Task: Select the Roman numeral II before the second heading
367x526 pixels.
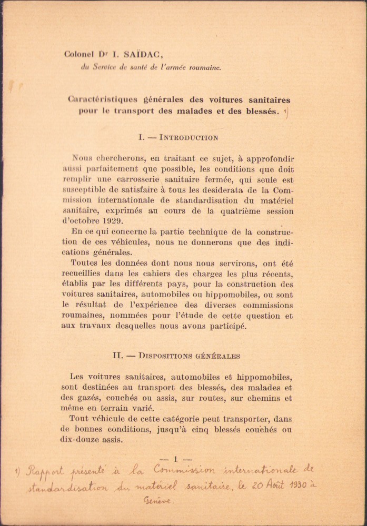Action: tap(117, 356)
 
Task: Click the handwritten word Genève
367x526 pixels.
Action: tap(157, 501)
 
